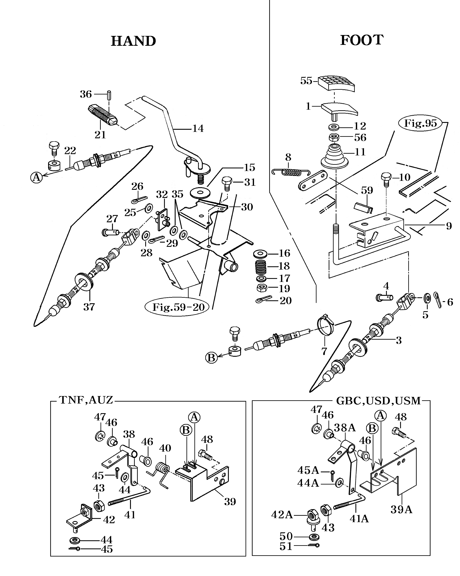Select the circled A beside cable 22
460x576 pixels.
(x=37, y=177)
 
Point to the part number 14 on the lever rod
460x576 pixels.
(x=198, y=129)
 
